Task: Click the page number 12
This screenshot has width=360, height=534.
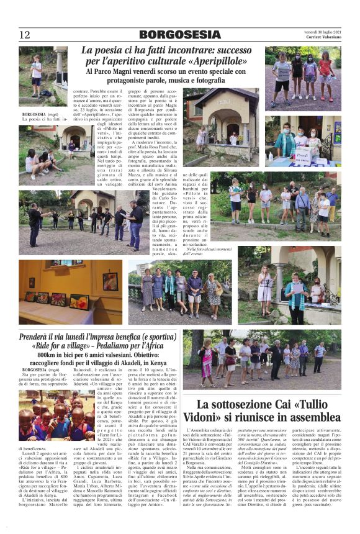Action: coord(25,35)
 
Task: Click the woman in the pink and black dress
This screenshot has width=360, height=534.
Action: coord(207,357)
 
